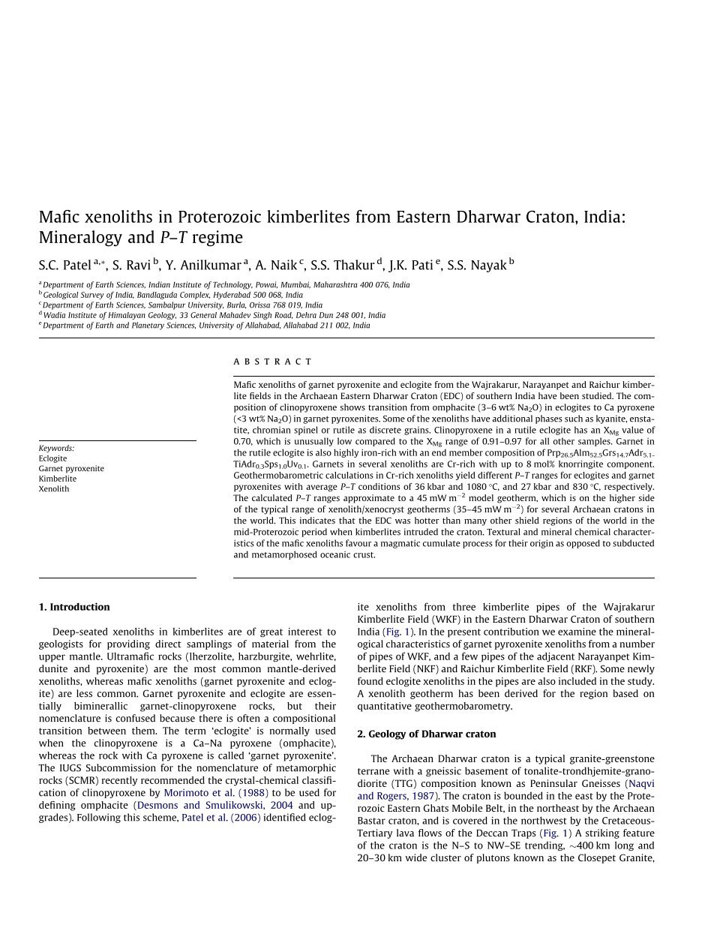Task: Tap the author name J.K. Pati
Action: click(410, 265)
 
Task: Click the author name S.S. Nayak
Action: click(476, 265)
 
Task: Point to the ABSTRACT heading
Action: click(272, 362)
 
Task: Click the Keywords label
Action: click(56, 449)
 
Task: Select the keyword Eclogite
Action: click(52, 458)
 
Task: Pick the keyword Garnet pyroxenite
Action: click(71, 469)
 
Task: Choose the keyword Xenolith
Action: click(53, 489)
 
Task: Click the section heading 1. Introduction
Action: click(74, 607)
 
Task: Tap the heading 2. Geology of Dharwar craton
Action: click(426, 734)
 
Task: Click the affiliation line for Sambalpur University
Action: click(182, 305)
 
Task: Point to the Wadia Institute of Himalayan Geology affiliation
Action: click(214, 316)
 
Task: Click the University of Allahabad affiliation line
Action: click(206, 326)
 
